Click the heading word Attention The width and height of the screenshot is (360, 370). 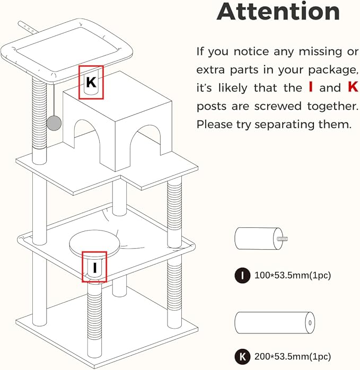coord(278,11)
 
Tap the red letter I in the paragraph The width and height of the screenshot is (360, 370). coord(311,87)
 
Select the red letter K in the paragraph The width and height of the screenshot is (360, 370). coord(353,87)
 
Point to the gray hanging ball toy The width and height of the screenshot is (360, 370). coord(54,123)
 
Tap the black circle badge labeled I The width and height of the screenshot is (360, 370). coord(242,275)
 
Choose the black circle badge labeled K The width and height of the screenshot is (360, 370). coord(242,357)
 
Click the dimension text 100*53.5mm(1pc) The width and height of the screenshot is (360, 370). coord(293,275)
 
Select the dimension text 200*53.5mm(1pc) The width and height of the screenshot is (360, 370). coord(293,357)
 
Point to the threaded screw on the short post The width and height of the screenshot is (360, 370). coord(283,239)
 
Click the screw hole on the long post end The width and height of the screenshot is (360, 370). coord(310,323)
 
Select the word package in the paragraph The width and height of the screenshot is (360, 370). coord(333,70)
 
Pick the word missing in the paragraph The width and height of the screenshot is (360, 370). coord(320,51)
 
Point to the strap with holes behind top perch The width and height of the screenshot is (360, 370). coord(28,28)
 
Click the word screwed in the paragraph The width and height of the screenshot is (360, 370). coord(278,106)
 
